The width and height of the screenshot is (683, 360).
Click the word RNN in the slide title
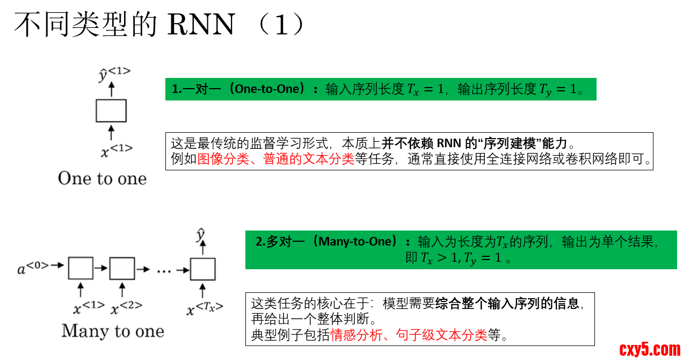pyautogui.click(x=201, y=25)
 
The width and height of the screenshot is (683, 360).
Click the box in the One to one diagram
pyautogui.click(x=111, y=111)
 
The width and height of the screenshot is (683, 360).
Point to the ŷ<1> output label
pyautogui.click(x=114, y=74)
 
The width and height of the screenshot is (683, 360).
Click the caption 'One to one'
pyautogui.click(x=102, y=178)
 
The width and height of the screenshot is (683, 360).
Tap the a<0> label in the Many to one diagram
pyautogui.click(x=33, y=268)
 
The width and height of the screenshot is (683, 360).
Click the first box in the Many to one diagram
pyautogui.click(x=81, y=269)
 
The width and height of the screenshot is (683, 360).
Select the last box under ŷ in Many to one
pyautogui.click(x=202, y=269)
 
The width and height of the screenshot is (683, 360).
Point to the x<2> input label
pyautogui.click(x=126, y=308)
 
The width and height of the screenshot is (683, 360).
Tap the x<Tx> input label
pyautogui.click(x=205, y=308)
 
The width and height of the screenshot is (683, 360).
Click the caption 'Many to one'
pyautogui.click(x=113, y=330)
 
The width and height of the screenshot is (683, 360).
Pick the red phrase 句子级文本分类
pyautogui.click(x=441, y=335)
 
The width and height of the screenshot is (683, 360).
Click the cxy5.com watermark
pyautogui.click(x=649, y=349)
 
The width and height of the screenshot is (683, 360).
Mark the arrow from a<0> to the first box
pyautogui.click(x=58, y=265)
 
